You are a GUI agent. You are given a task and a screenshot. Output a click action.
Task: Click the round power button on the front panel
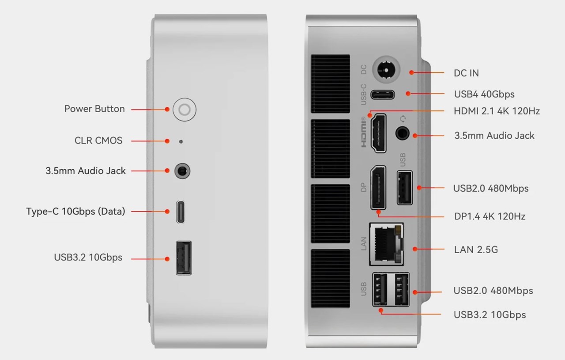point(185,109)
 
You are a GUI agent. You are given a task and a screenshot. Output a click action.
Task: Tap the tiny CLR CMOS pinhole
point(181,141)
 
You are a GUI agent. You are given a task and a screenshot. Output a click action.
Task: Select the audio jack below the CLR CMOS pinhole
point(183,171)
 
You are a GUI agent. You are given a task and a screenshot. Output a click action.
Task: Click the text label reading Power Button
point(94,109)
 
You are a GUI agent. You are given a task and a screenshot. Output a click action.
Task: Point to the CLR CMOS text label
point(98,141)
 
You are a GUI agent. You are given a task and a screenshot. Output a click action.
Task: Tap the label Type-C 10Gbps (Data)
point(75,212)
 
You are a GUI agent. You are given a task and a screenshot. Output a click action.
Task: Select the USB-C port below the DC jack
point(382,94)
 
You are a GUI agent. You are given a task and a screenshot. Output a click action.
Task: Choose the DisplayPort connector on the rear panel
point(378,187)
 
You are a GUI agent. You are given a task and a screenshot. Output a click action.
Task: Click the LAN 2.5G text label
point(476,250)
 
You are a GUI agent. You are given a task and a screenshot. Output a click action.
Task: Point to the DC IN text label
point(466,73)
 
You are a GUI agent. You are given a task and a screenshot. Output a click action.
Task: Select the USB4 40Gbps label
point(484,94)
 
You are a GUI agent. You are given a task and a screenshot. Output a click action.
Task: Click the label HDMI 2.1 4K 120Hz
point(497,111)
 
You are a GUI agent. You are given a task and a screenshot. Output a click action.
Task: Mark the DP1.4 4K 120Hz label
point(490,216)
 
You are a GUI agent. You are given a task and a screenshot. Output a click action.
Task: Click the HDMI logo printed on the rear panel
point(365,133)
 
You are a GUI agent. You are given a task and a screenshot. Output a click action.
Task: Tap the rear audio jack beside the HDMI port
point(402,133)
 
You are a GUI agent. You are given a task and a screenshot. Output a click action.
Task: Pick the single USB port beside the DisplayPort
point(404,187)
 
